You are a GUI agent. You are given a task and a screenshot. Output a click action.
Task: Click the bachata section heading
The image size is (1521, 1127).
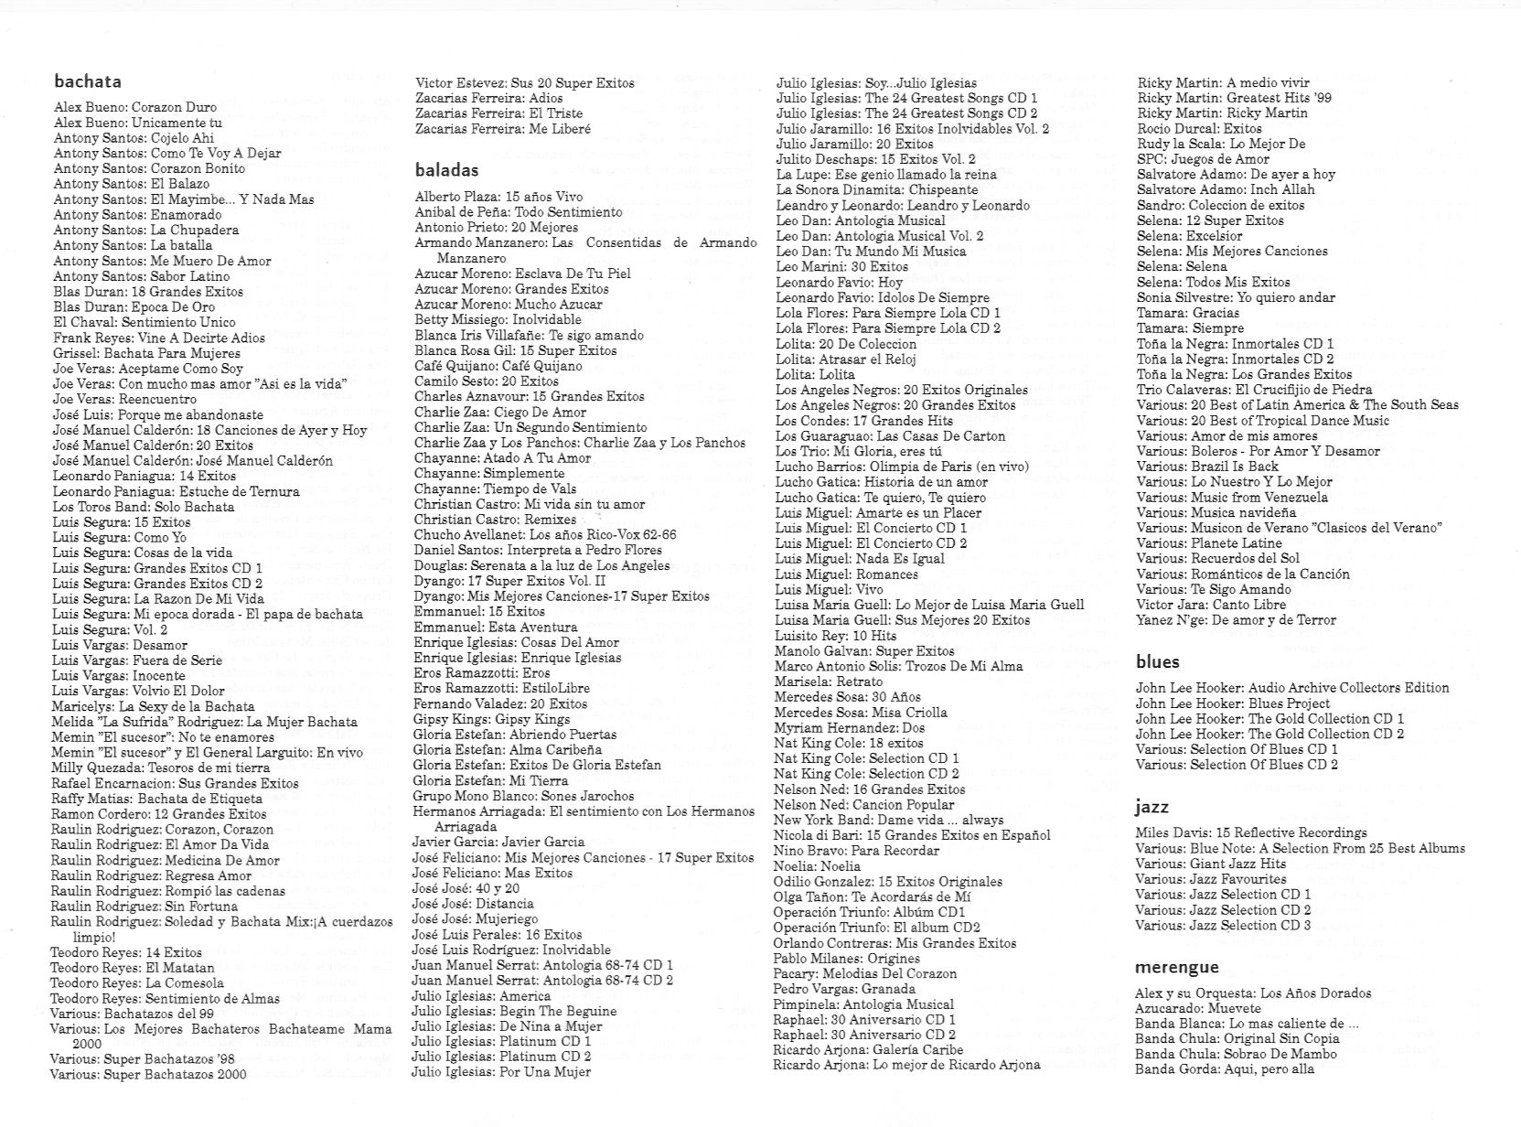tap(88, 81)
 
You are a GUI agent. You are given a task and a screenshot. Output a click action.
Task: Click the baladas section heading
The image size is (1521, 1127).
tap(446, 170)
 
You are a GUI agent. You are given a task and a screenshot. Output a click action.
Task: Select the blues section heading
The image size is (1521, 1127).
tap(1158, 661)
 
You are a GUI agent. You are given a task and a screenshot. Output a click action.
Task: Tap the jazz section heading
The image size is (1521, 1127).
tap(1152, 807)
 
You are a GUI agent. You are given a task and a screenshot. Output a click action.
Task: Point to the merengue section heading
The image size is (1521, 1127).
tap(1177, 967)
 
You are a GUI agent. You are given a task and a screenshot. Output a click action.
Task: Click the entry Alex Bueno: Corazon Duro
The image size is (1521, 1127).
tap(135, 107)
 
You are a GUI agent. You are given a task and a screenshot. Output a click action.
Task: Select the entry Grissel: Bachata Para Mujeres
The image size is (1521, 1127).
tap(146, 353)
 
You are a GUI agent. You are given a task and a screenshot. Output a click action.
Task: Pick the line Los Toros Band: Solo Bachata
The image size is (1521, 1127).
tap(144, 507)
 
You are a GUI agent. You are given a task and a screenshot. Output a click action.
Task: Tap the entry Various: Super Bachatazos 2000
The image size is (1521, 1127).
tap(148, 1075)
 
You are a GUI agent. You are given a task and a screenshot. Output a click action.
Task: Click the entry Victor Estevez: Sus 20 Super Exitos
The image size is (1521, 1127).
tap(524, 82)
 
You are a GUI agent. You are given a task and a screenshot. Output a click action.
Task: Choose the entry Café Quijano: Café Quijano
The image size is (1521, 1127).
tap(498, 366)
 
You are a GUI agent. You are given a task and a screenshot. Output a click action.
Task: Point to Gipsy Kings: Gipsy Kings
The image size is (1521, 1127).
tap(491, 719)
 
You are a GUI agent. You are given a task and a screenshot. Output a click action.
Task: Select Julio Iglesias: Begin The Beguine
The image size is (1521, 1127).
tap(514, 1011)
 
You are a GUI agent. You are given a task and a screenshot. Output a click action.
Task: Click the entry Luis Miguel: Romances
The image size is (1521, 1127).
tap(846, 574)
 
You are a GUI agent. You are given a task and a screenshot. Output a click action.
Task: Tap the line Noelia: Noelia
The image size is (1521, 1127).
tap(817, 865)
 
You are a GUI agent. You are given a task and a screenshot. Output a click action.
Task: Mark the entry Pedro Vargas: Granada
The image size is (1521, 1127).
tap(843, 989)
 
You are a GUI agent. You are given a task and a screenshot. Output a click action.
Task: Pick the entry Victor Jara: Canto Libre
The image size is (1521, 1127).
tap(1211, 605)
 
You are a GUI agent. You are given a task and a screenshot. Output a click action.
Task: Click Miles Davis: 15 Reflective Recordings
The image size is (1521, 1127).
tap(1250, 832)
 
